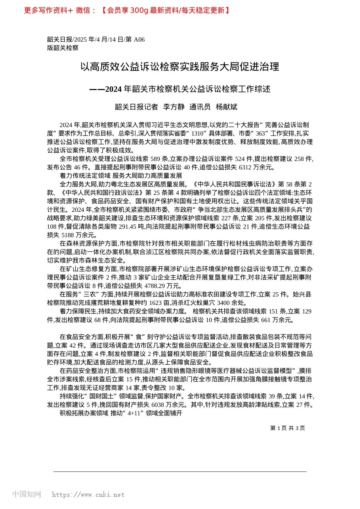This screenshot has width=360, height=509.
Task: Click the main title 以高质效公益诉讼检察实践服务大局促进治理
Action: pyautogui.click(x=180, y=67)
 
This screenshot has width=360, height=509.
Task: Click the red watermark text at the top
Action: pyautogui.click(x=127, y=10)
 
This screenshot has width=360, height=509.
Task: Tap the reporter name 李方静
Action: pyautogui.click(x=174, y=107)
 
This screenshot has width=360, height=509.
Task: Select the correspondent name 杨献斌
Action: pyautogui.click(x=226, y=107)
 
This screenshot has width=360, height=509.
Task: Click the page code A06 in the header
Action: pyautogui.click(x=139, y=39)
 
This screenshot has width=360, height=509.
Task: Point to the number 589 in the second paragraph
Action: pyautogui.click(x=156, y=159)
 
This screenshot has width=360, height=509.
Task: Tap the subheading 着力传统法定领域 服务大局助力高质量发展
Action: pyautogui.click(x=121, y=176)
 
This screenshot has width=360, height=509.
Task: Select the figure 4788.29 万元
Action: pyautogui.click(x=164, y=286)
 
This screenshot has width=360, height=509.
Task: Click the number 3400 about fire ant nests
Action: pyautogui.click(x=223, y=303)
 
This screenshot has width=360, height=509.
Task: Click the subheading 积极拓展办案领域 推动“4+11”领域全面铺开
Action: pyautogui.click(x=121, y=413)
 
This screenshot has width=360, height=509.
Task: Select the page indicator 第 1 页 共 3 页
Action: pyautogui.click(x=287, y=428)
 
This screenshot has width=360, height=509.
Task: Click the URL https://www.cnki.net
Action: pyautogui.click(x=88, y=495)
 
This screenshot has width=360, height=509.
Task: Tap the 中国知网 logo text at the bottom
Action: pyautogui.click(x=27, y=494)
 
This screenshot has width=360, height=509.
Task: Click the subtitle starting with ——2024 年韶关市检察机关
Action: pyautogui.click(x=180, y=89)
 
